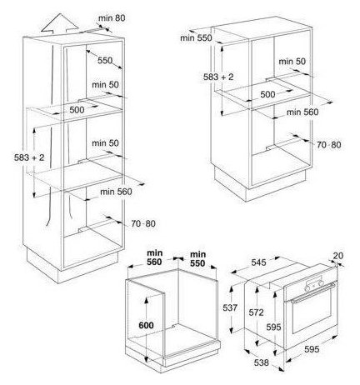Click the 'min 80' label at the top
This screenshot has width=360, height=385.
[112, 18]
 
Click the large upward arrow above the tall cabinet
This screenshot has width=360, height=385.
[59, 24]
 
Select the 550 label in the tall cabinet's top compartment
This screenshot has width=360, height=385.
[105, 60]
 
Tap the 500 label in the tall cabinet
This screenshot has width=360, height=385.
[77, 110]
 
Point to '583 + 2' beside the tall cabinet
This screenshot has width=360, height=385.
[29, 157]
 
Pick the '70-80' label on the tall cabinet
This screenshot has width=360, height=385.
[143, 223]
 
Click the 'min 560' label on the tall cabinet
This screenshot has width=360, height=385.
[116, 192]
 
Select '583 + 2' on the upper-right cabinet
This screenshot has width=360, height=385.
[218, 77]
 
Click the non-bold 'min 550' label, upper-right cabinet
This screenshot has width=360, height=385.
[196, 37]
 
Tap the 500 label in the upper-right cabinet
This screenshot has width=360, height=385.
[267, 94]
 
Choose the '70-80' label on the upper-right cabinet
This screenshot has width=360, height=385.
[329, 145]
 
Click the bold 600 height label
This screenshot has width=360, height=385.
[146, 325]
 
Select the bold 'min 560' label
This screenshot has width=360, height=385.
[155, 257]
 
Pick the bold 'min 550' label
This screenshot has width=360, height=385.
[197, 258]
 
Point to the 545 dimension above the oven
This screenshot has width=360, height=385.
[258, 262]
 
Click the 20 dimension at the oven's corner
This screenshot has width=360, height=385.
[337, 256]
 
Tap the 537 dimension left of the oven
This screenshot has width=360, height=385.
[230, 307]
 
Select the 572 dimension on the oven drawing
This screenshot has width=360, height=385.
[256, 312]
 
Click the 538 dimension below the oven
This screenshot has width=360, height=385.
[262, 362]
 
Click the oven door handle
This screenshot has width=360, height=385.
[312, 292]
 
